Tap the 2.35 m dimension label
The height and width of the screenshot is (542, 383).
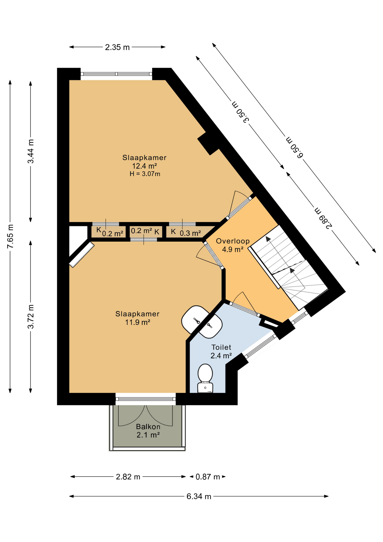click(117, 47)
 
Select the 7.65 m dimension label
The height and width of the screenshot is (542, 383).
click(10, 237)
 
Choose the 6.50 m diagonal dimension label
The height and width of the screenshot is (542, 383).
click(295, 148)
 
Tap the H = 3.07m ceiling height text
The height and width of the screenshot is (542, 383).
click(145, 174)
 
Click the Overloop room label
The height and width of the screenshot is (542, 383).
click(233, 241)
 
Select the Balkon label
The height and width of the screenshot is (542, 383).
click(148, 427)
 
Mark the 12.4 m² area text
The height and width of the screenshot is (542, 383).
click(144, 166)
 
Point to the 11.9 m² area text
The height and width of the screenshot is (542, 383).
click(138, 322)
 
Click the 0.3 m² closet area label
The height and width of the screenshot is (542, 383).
click(190, 233)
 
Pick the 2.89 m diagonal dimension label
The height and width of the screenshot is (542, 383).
click(323, 218)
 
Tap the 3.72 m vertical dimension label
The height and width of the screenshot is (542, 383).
click(31, 317)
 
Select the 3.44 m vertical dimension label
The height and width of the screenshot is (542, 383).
click(31, 151)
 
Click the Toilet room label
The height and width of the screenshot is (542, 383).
click(221, 347)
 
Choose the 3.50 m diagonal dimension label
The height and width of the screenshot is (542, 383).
click(240, 112)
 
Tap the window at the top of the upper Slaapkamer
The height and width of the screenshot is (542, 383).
click(116, 74)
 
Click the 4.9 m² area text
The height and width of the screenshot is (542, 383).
click(233, 250)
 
